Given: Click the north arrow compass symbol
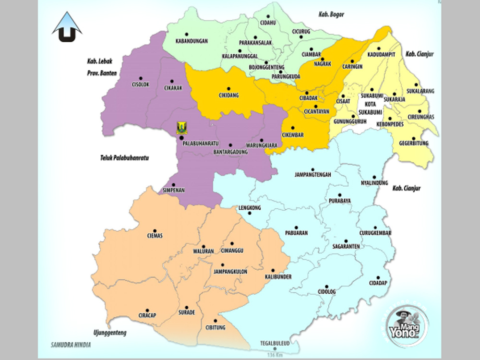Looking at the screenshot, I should [x=67, y=28].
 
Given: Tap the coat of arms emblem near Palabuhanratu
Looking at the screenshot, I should [x=182, y=127].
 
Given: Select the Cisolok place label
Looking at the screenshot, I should [x=140, y=85].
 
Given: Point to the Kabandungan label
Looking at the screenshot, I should [x=191, y=41].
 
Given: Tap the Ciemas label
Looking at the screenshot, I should [x=155, y=236].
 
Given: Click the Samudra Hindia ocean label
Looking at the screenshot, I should [x=71, y=345].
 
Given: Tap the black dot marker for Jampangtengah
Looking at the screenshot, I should [x=313, y=169].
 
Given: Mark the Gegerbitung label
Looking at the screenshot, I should [x=413, y=143].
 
